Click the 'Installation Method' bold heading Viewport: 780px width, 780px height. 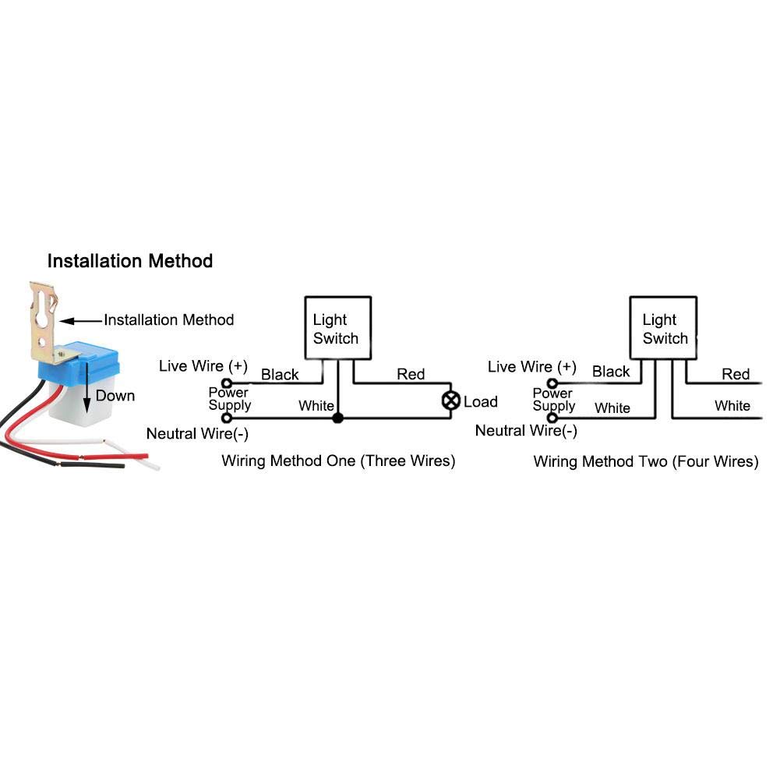click(129, 260)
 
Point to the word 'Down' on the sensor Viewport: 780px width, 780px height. click(115, 396)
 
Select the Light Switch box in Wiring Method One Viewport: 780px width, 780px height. click(337, 329)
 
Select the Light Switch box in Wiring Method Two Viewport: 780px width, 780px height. click(664, 329)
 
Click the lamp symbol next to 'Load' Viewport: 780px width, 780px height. click(450, 401)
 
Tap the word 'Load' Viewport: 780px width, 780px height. click(480, 402)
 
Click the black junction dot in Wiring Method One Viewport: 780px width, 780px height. click(337, 418)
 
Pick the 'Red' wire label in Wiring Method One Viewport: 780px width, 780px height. click(411, 374)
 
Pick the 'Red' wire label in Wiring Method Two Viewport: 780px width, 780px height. click(735, 374)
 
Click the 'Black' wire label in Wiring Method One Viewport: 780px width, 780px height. click(280, 374)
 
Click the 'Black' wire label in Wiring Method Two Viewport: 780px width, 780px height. click(610, 372)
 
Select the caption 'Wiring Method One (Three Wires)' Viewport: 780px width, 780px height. click(338, 461)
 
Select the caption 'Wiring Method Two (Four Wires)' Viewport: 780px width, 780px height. click(645, 461)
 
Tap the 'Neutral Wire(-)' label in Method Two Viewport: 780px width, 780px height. click(526, 430)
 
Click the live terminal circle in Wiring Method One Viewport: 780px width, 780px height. click(227, 383)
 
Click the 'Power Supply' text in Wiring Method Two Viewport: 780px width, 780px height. click(553, 400)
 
